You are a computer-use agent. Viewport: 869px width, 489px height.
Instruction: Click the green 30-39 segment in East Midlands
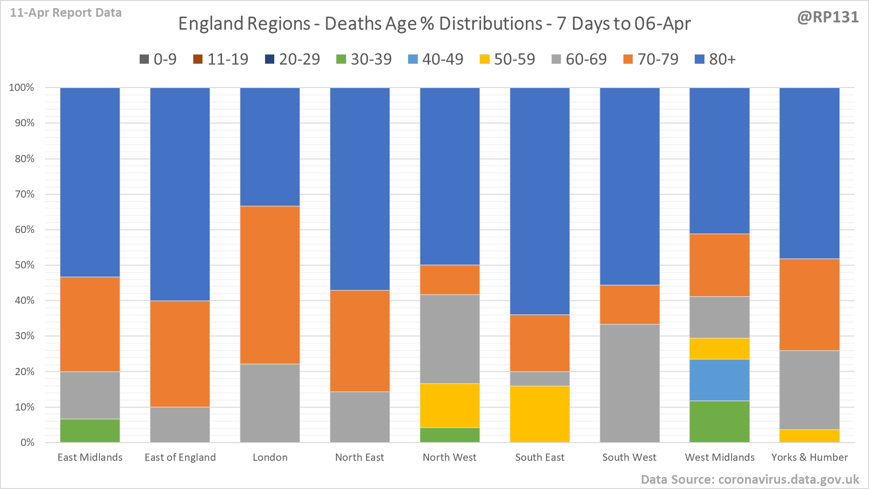[x=90, y=431]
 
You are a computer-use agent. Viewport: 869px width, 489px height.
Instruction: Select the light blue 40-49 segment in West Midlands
[x=719, y=380]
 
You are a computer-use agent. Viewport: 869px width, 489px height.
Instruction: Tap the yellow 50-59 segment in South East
[x=540, y=414]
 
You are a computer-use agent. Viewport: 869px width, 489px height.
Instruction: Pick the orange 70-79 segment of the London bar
[x=270, y=285]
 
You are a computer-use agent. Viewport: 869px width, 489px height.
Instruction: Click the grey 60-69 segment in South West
[x=630, y=383]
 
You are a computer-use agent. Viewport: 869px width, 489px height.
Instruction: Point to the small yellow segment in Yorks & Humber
[x=809, y=436]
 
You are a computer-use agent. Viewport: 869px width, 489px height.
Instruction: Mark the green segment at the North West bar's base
[x=450, y=435]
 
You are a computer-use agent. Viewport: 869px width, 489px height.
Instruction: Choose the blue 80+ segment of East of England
[x=180, y=194]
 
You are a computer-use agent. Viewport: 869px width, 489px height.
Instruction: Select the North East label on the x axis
[x=359, y=457]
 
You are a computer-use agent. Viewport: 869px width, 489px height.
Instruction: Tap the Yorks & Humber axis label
[x=809, y=457]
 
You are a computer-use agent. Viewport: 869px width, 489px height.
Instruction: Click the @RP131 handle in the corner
[x=828, y=17]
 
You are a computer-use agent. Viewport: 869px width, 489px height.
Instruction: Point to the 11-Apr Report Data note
[x=66, y=13]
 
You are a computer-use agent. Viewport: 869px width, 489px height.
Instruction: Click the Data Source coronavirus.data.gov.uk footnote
[x=750, y=479]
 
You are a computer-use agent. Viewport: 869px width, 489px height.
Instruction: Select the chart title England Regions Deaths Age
[x=434, y=24]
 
